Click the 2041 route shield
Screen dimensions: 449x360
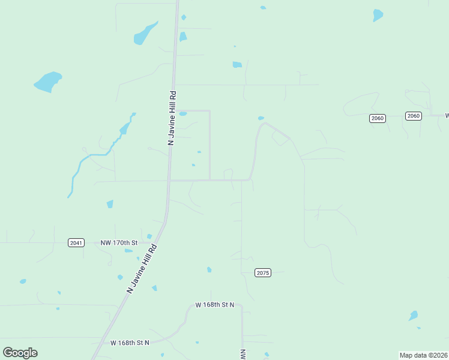pyautogui.click(x=76, y=242)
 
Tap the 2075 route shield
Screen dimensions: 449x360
pyautogui.click(x=263, y=272)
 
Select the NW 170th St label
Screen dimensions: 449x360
pyautogui.click(x=119, y=242)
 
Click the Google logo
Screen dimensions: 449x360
pyautogui.click(x=20, y=353)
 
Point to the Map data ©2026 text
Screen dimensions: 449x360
pyautogui.click(x=423, y=355)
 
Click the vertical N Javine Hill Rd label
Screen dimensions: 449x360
pyautogui.click(x=172, y=118)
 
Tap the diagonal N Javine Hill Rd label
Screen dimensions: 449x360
pyautogui.click(x=142, y=268)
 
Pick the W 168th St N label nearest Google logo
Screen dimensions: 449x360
pyautogui.click(x=130, y=343)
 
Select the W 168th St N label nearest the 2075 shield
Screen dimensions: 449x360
pyautogui.click(x=214, y=305)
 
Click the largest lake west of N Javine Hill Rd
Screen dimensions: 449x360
pyautogui.click(x=47, y=82)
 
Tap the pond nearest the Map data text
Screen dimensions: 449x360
pyautogui.click(x=413, y=316)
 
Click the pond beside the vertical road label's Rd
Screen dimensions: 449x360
pyautogui.click(x=183, y=113)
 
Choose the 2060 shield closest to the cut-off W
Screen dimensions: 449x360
pyautogui.click(x=413, y=116)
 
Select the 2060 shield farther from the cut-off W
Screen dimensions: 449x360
pyautogui.click(x=377, y=118)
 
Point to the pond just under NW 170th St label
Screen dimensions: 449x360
pyautogui.click(x=128, y=250)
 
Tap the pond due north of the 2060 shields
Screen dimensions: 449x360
pyautogui.click(x=378, y=15)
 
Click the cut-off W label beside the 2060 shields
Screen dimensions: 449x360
pyautogui.click(x=446, y=115)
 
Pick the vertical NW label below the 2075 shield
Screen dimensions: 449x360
pyautogui.click(x=243, y=355)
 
